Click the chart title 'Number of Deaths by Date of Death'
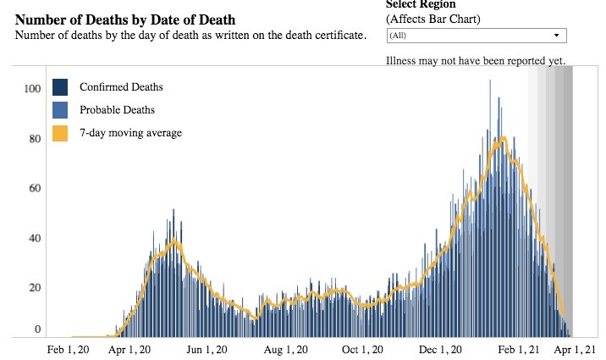coord(125,19)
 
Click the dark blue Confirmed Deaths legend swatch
coord(60,87)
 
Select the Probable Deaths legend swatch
coord(60,110)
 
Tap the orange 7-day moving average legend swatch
coord(60,133)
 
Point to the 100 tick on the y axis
coord(32,89)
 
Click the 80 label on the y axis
coord(35,139)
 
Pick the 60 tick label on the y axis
coord(35,189)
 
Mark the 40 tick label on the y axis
coord(35,239)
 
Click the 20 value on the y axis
coord(35,288)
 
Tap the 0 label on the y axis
coord(37,329)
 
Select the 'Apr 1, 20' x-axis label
coord(131,349)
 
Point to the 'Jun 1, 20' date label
coord(207,349)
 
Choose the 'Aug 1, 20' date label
coord(284,349)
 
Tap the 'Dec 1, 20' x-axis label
coord(440,349)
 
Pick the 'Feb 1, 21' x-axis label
coord(518,349)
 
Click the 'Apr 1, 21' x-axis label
coord(576,349)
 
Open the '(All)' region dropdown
coord(476,36)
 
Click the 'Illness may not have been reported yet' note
coord(475,61)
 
